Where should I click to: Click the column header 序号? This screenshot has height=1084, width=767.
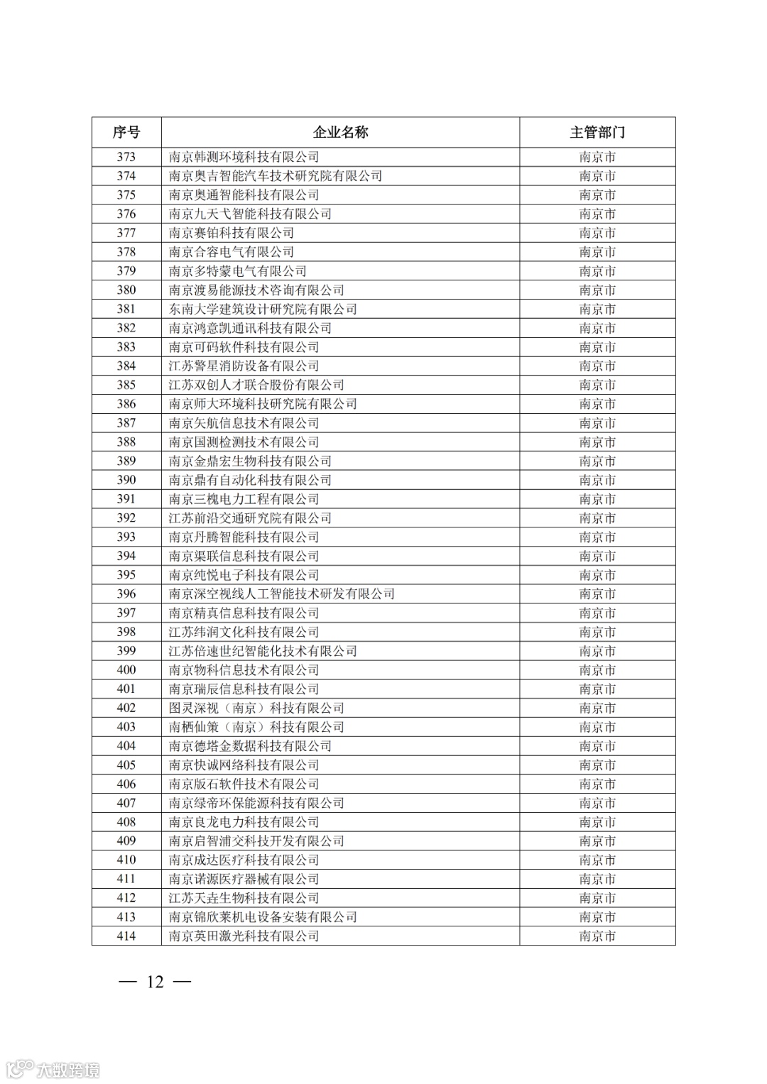[126, 132]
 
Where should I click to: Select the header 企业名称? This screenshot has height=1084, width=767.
[340, 132]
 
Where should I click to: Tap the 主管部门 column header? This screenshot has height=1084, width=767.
[597, 132]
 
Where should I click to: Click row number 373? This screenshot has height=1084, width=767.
[126, 157]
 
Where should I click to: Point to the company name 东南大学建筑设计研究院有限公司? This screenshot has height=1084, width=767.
[263, 309]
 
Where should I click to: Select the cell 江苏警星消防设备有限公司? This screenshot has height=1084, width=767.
[244, 366]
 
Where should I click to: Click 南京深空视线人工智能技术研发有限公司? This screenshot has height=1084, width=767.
[281, 593]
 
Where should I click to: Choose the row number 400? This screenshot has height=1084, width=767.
[126, 669]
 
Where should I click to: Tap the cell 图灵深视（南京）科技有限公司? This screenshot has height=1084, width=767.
[256, 708]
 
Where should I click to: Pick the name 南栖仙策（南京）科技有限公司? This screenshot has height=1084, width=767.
[256, 727]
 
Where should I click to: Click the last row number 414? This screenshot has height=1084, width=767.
[126, 936]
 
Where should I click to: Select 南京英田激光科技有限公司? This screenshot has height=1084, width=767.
[244, 936]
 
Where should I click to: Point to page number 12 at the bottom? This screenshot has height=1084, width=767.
[155, 982]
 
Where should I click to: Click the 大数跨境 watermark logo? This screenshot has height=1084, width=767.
[53, 1068]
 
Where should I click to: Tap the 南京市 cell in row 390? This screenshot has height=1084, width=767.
[597, 480]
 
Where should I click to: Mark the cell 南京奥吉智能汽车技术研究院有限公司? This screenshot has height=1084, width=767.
[276, 176]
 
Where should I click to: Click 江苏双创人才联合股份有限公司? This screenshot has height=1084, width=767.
[256, 385]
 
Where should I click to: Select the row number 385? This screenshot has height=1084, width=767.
[126, 385]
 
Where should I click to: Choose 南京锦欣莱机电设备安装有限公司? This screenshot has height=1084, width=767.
[263, 916]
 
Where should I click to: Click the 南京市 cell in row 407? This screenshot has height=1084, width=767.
[597, 803]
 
